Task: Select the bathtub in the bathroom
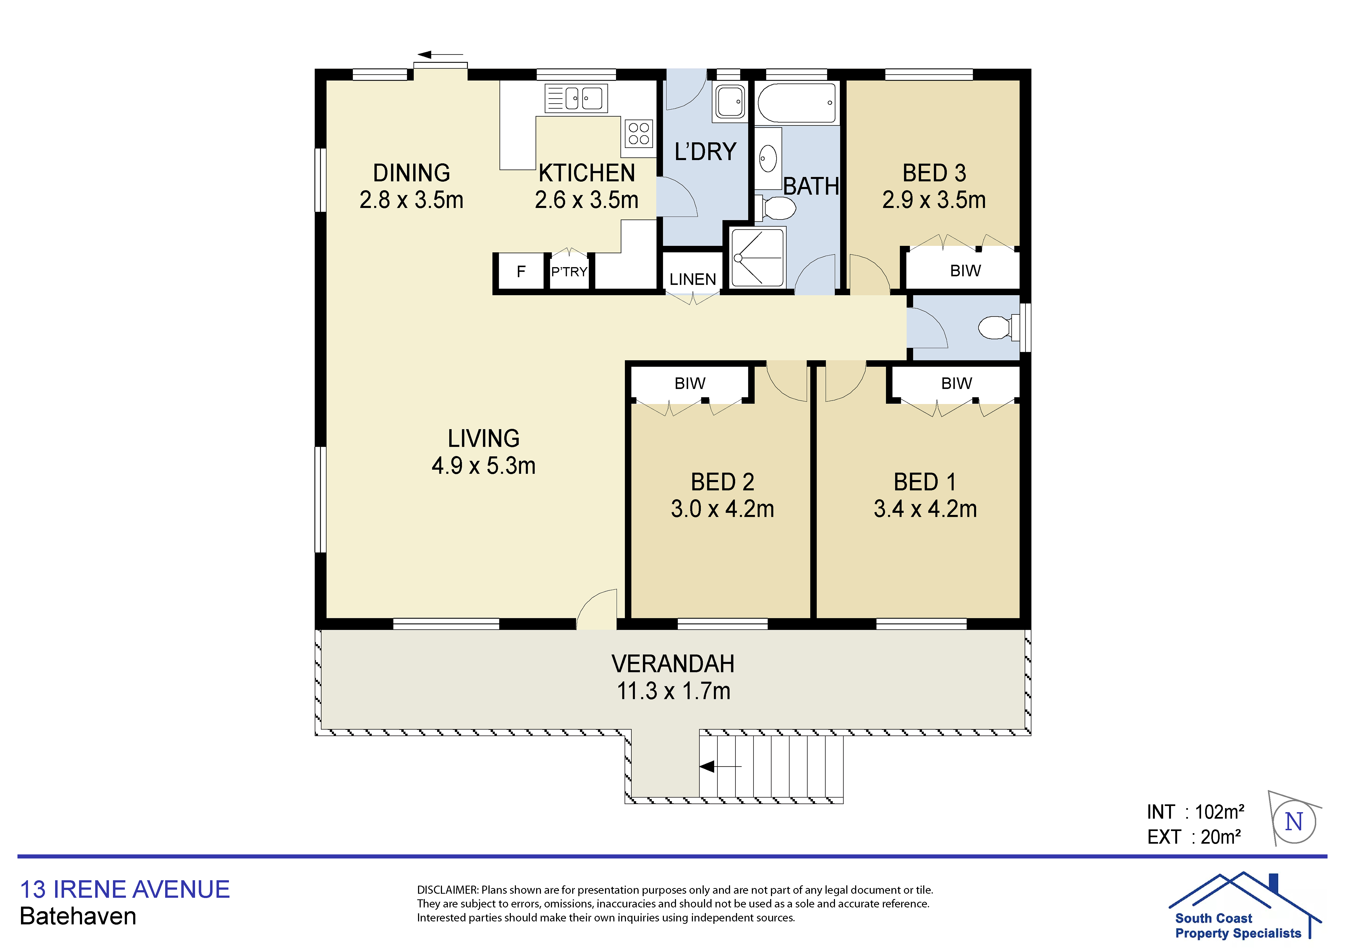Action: pos(797,102)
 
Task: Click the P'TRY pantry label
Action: pos(569,272)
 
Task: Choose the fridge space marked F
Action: pos(521,271)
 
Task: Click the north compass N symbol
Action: pos(1293,822)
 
